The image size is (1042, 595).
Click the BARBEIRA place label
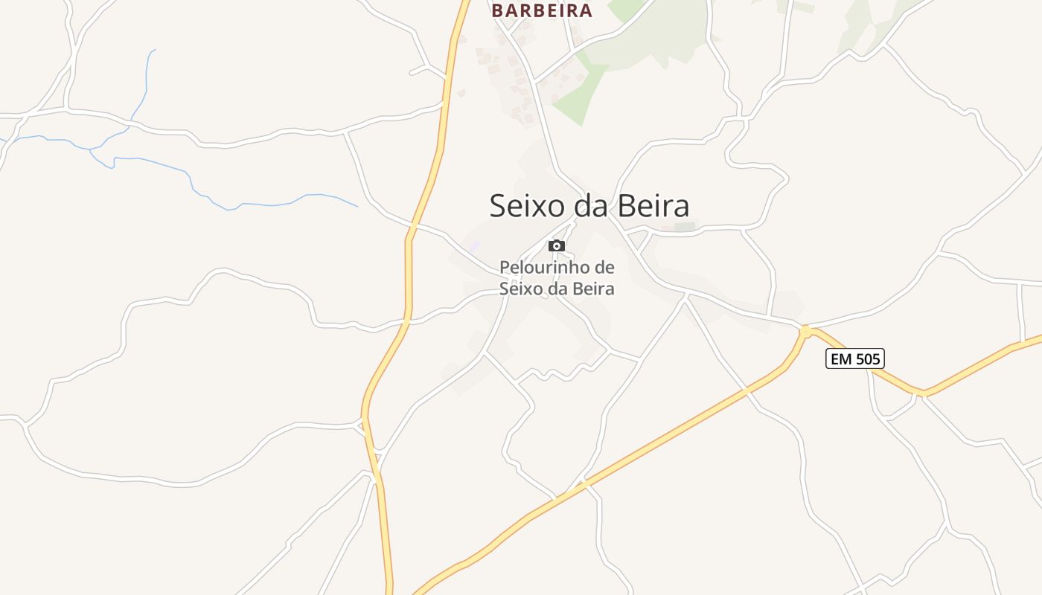point(542,10)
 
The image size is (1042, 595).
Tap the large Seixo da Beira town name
point(589,206)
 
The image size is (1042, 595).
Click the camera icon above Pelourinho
point(556,245)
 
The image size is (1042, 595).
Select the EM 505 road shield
point(855,359)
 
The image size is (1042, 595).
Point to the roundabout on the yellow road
point(805,329)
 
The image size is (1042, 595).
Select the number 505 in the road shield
point(867,359)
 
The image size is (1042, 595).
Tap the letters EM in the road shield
point(841,359)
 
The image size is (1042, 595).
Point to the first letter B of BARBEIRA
point(498,10)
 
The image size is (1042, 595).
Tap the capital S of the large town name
point(499,206)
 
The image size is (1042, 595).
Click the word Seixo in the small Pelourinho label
point(517,289)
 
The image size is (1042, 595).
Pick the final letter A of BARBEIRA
point(585,10)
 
